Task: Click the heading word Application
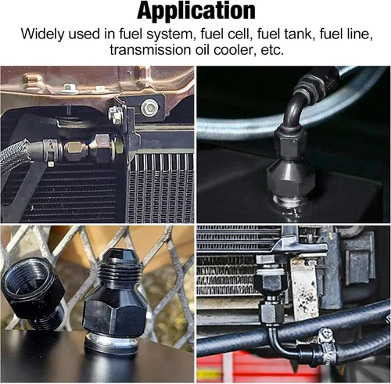tap(196, 11)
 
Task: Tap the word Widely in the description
tap(42, 34)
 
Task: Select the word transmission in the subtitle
tap(150, 49)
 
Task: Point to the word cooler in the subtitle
tap(234, 49)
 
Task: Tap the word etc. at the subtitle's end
tap(272, 50)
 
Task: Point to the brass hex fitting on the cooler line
tap(74, 151)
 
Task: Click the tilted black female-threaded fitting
tap(33, 288)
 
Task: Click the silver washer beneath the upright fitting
tap(112, 343)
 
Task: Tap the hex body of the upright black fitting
tap(113, 314)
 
